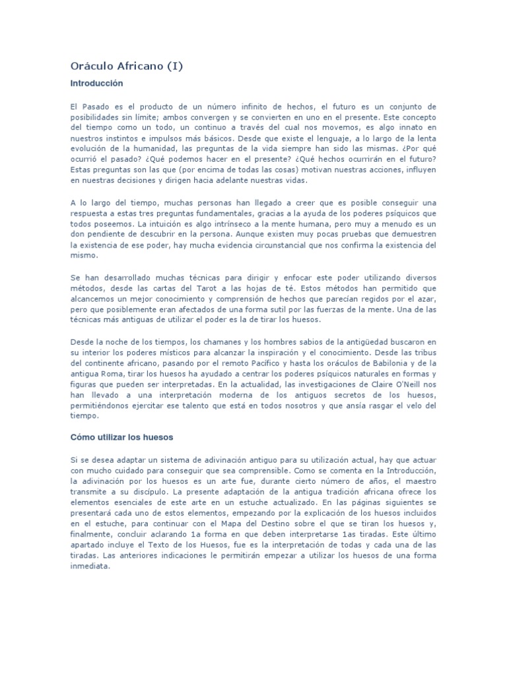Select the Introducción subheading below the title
pos(96,84)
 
